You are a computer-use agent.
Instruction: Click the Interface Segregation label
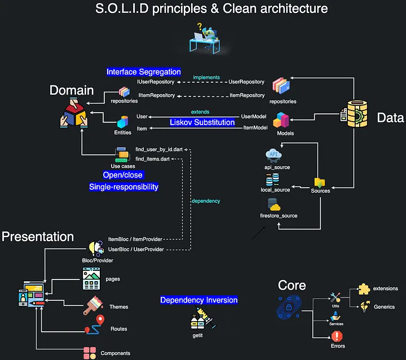(x=144, y=72)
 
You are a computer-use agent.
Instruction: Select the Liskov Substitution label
(x=202, y=122)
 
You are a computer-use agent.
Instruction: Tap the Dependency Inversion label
(x=198, y=300)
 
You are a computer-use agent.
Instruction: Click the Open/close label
(x=123, y=175)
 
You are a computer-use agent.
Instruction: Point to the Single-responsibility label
(x=123, y=186)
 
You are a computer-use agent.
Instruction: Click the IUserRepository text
(x=156, y=82)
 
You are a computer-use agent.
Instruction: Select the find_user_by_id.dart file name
(x=160, y=150)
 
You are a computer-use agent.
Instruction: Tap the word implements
(x=206, y=77)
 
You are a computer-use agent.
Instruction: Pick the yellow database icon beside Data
(x=356, y=115)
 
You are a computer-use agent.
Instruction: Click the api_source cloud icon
(x=276, y=154)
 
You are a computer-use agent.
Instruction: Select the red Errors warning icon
(x=337, y=336)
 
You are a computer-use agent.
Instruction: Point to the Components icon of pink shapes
(x=89, y=353)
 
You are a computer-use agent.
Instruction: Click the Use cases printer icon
(x=122, y=154)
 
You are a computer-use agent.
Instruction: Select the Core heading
(x=292, y=285)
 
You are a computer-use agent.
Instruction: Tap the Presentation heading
(x=38, y=237)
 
